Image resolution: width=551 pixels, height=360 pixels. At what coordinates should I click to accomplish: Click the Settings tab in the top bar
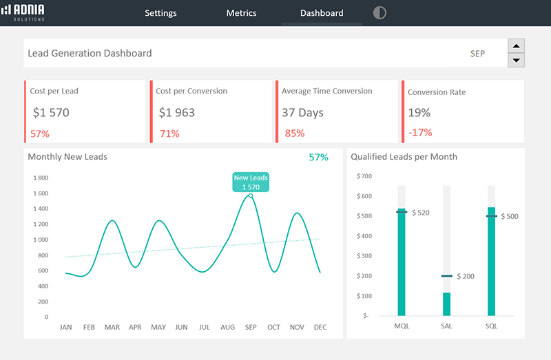point(160,13)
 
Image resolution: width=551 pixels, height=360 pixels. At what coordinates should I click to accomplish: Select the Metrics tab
point(241,13)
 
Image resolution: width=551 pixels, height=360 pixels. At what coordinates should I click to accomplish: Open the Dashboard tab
point(322,13)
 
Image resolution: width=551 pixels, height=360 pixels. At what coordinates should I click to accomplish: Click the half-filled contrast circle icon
point(380,13)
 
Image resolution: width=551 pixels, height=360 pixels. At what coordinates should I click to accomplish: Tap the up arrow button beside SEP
point(516,46)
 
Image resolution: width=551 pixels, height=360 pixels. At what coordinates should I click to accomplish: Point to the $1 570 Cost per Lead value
point(51,112)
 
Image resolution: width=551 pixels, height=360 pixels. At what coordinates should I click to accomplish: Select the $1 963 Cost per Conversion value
point(177,112)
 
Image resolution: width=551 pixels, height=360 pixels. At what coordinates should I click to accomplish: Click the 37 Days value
point(302,112)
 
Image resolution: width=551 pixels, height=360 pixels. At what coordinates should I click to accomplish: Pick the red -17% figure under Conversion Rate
point(420,132)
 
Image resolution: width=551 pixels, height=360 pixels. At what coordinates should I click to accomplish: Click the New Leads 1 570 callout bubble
point(251,182)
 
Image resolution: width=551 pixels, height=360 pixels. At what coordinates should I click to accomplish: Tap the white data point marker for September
point(251,195)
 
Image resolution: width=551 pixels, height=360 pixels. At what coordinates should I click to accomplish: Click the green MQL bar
point(402,262)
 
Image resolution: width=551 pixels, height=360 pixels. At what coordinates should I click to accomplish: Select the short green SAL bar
point(446,304)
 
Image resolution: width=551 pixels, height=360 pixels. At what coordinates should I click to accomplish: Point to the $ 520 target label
point(420,213)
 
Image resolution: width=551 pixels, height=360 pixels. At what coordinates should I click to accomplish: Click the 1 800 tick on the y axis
point(41,178)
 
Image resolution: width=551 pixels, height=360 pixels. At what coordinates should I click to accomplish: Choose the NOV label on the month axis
point(297,327)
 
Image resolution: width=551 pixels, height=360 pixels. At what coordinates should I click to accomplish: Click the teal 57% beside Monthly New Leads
point(318,157)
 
